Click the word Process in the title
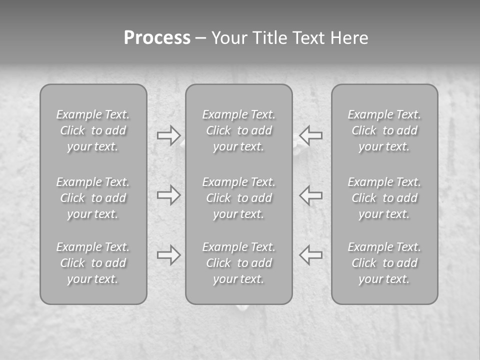157,38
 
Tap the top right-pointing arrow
168,135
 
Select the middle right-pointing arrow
168,195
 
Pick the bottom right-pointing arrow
168,255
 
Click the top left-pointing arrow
311,135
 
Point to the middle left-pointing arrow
311,195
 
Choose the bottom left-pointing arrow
311,255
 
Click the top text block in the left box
93,130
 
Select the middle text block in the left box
93,198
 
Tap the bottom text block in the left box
93,263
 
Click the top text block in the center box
238,130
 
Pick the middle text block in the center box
238,198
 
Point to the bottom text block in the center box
238,263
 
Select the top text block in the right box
384,130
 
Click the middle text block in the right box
384,198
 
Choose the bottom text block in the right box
384,263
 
